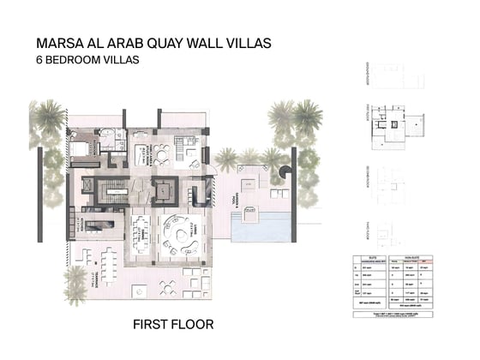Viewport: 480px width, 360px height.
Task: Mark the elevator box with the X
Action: click(162, 189)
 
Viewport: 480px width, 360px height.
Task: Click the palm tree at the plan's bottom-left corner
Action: click(75, 281)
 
